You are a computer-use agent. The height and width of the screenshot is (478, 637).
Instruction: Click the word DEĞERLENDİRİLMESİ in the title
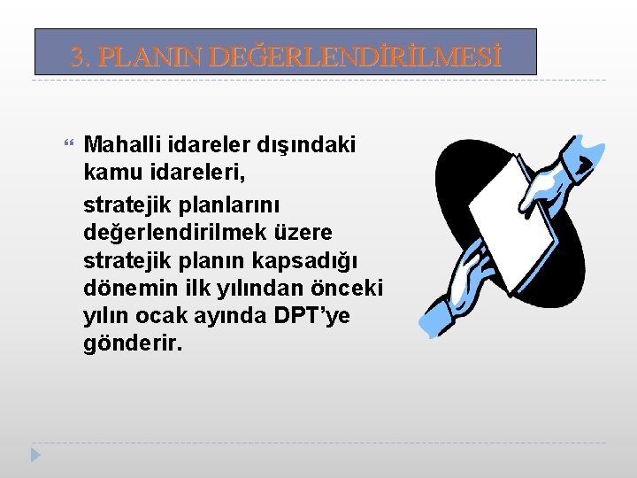pyautogui.click(x=357, y=58)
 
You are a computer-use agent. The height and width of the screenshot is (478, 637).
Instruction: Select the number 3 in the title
pyautogui.click(x=78, y=58)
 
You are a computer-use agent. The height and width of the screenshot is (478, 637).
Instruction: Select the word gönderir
pyautogui.click(x=133, y=343)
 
